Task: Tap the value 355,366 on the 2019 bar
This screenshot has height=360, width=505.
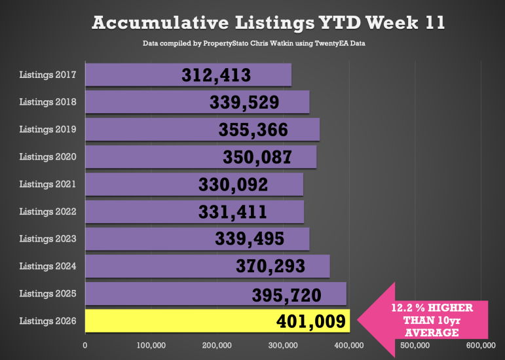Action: tap(253, 130)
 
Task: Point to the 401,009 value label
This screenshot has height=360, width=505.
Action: tap(310, 321)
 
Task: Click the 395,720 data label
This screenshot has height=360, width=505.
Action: tap(287, 295)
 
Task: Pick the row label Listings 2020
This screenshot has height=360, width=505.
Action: tap(48, 157)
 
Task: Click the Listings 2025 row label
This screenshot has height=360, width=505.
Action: tap(48, 294)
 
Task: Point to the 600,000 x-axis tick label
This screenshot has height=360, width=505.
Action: tap(480, 345)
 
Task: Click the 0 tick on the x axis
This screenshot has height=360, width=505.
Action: tap(85, 345)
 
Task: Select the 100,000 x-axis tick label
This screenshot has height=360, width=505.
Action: tap(151, 345)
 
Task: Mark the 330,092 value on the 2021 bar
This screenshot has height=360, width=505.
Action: tap(233, 185)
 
